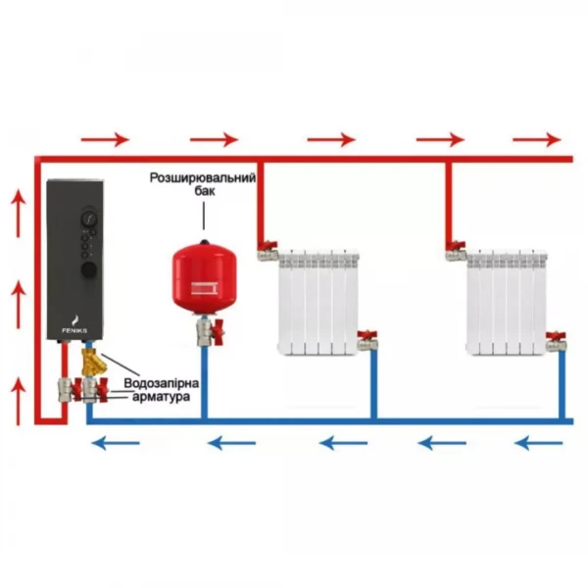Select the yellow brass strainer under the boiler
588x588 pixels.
coord(96,368)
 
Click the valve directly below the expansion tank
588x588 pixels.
coord(207,333)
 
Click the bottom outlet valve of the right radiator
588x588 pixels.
coord(556,342)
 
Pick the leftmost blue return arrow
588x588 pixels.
coord(111,444)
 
